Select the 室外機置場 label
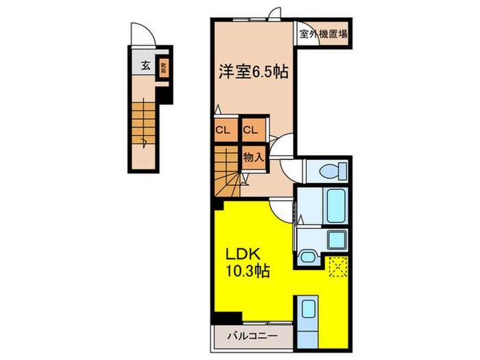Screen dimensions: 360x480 point(322,32)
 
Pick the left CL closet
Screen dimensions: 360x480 point(223,130)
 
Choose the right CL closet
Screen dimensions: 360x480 point(250,130)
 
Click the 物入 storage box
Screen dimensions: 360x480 point(253,157)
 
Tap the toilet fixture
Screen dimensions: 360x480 point(326,171)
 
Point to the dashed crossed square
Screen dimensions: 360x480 point(336,265)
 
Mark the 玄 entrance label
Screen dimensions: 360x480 point(145,66)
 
